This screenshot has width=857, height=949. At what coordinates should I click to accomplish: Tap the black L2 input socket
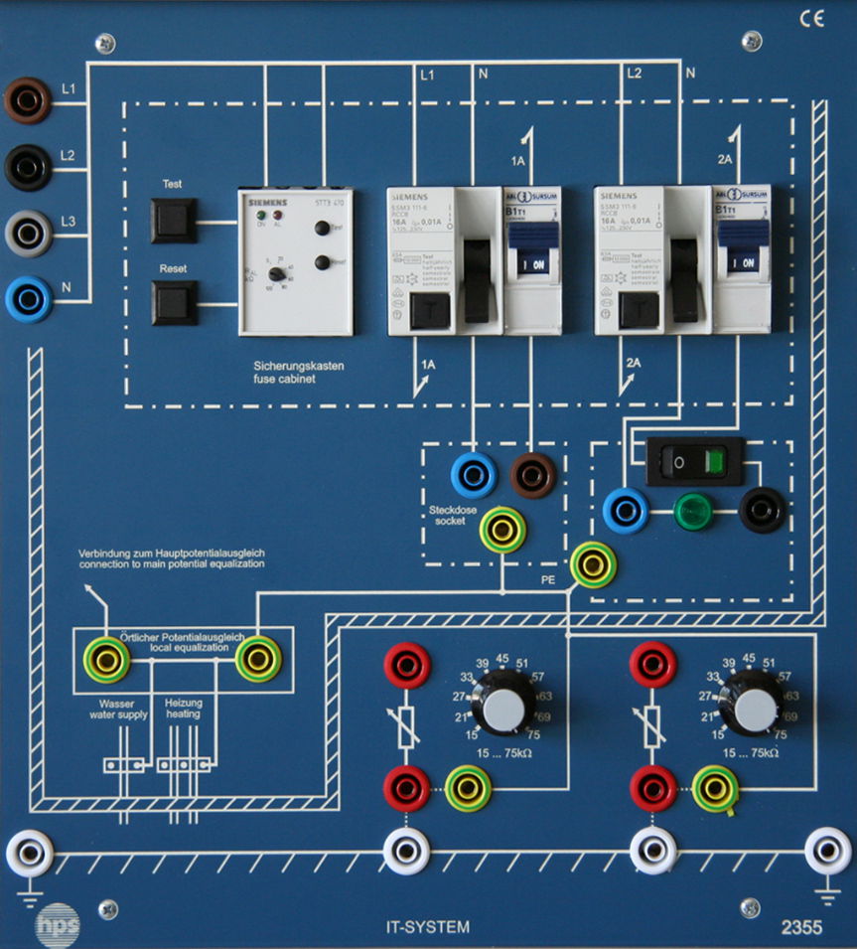pos(27,166)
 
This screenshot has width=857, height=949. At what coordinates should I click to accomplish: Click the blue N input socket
pos(27,298)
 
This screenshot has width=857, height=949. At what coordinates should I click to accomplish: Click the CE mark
pos(811,20)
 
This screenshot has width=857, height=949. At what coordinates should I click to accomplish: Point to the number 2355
pos(800,928)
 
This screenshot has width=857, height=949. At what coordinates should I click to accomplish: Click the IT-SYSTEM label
pos(428,928)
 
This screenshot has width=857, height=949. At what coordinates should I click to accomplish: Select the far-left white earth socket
pos(30,852)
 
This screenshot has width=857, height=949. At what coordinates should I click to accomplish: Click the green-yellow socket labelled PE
pos(594,564)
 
